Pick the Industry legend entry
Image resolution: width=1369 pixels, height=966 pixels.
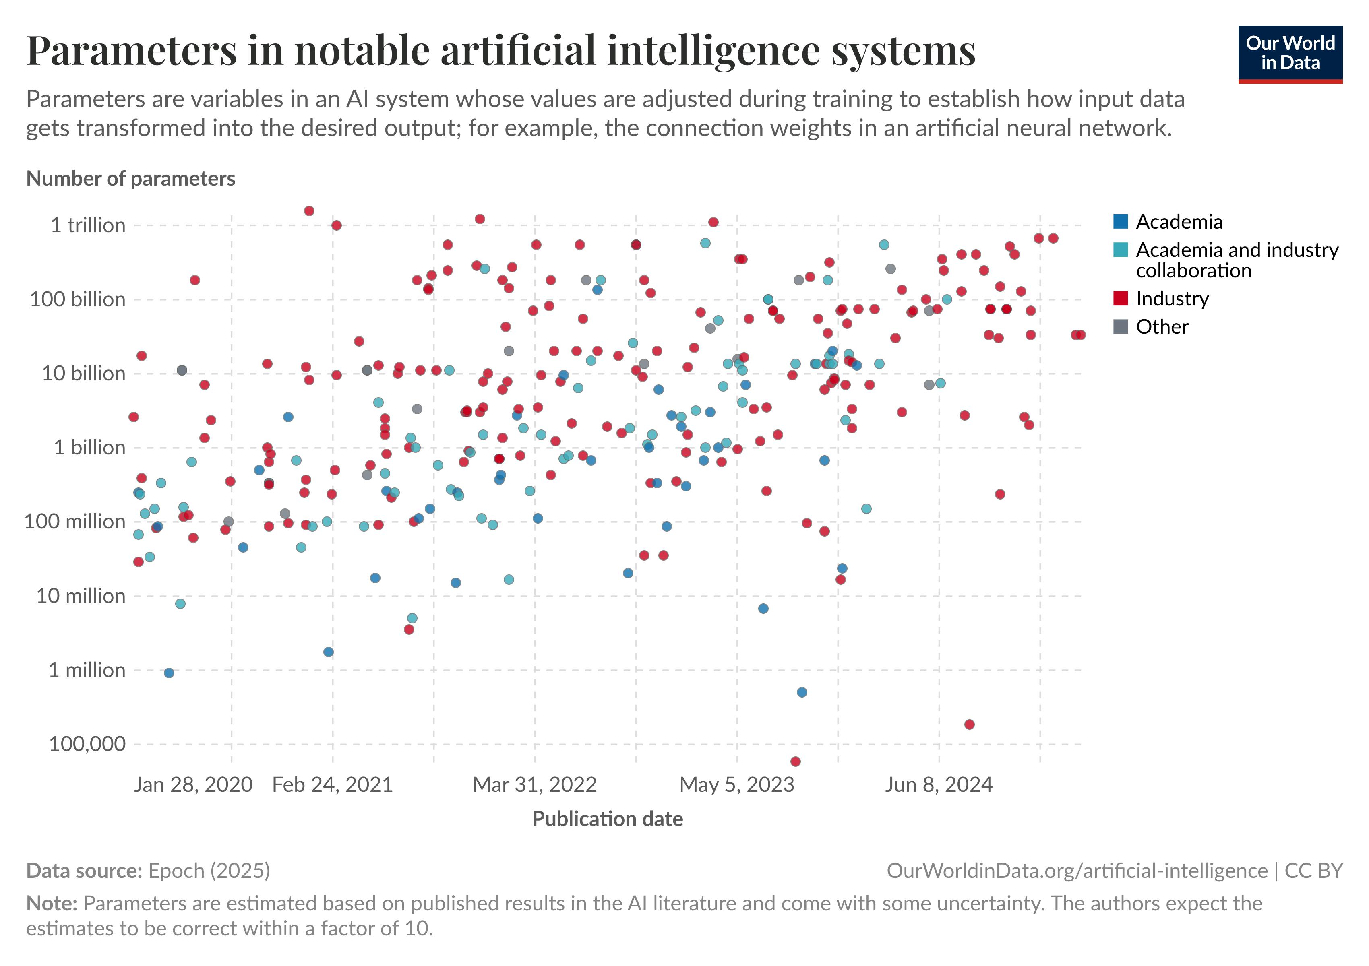(1172, 299)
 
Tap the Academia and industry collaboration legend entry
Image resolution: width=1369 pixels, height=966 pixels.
(1236, 260)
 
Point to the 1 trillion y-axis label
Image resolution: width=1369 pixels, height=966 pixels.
(88, 225)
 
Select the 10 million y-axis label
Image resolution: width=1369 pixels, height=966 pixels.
(81, 596)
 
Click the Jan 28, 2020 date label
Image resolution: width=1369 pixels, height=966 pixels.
(193, 784)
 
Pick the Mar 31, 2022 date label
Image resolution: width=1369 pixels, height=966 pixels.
(534, 784)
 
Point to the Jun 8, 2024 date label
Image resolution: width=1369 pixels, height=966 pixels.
(939, 784)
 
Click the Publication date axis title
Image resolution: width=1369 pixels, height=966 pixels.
(607, 819)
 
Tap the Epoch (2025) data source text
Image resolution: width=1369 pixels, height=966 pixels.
(209, 871)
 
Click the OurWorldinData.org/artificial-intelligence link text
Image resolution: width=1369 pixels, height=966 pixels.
(1077, 871)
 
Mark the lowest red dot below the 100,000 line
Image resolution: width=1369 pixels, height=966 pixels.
(795, 762)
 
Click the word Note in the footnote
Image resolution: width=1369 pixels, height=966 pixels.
(51, 904)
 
